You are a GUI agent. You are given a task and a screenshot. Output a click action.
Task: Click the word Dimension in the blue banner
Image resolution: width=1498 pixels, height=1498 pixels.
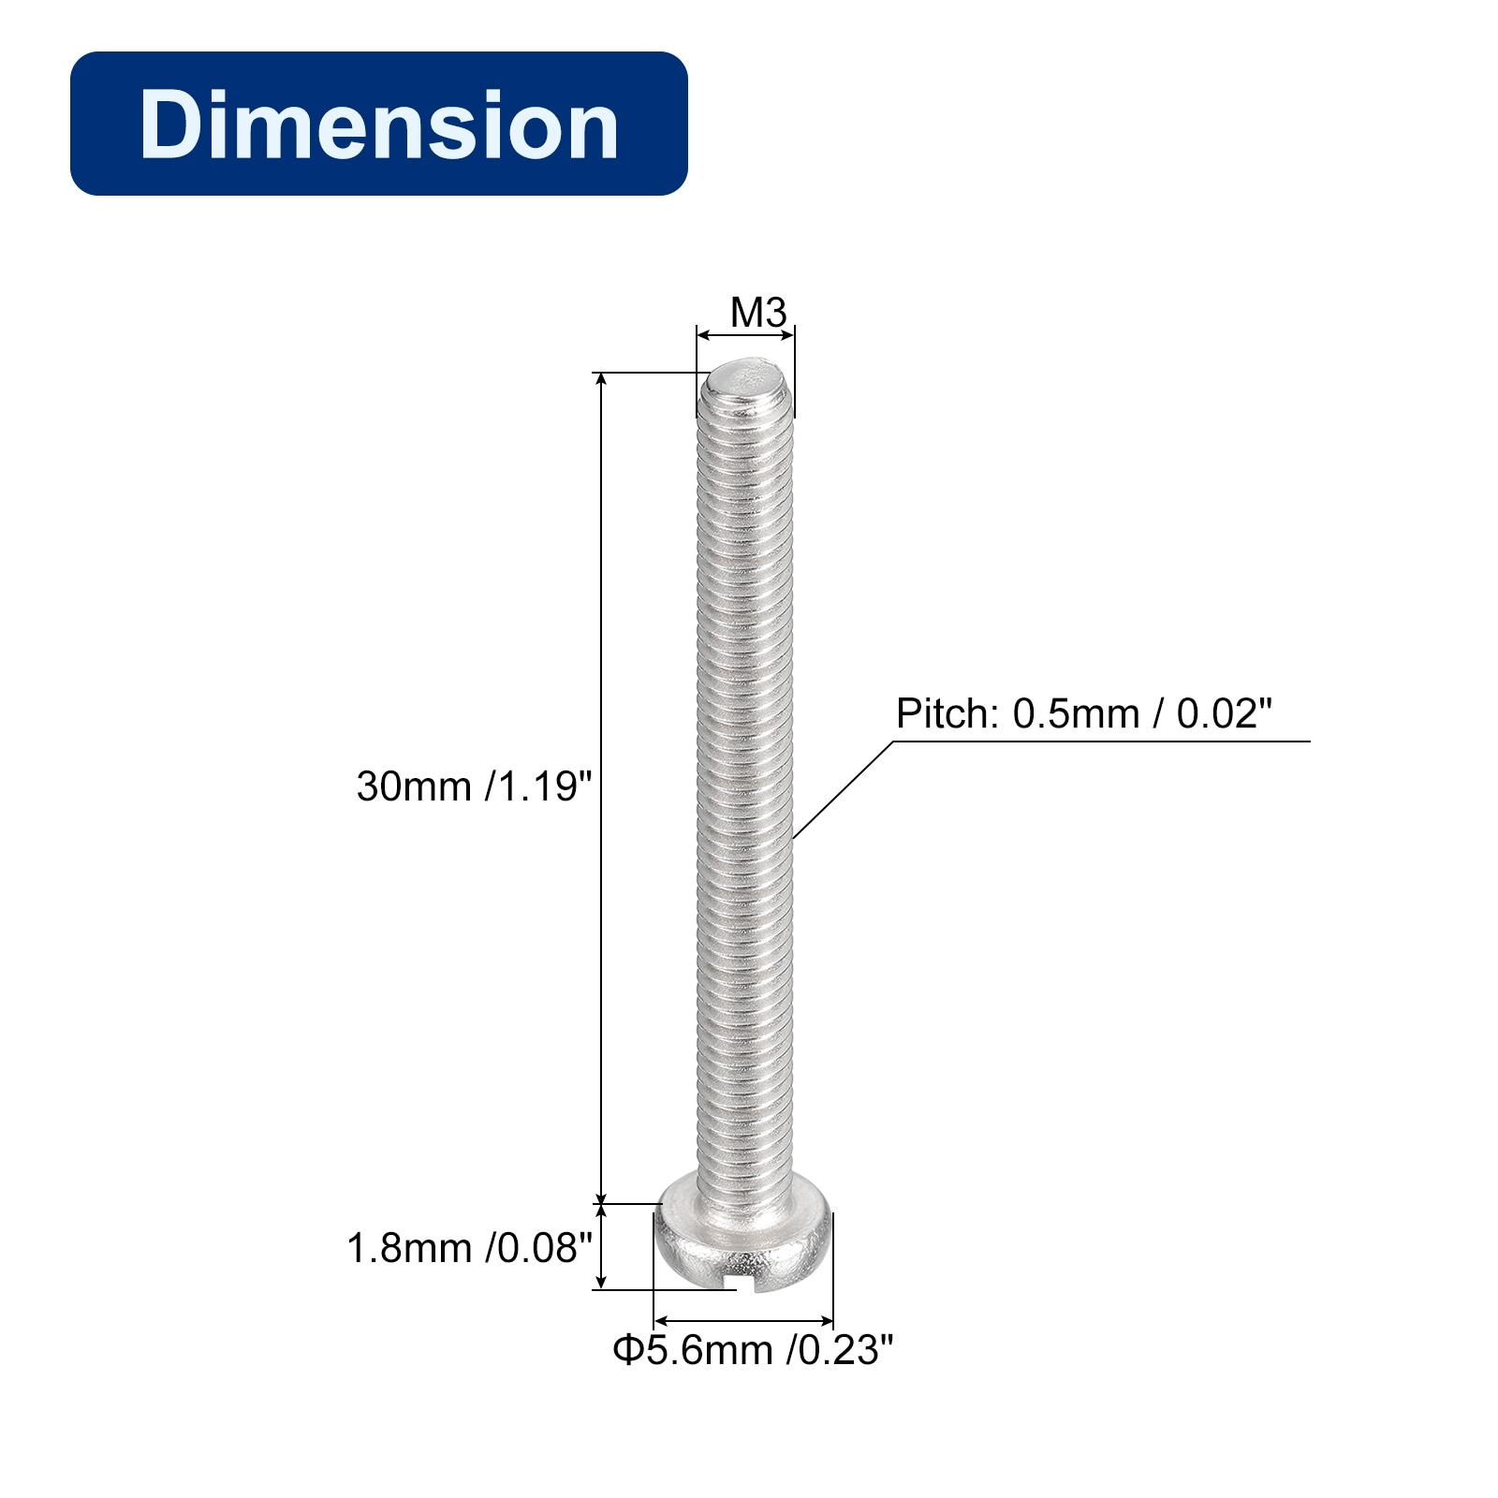click(x=378, y=125)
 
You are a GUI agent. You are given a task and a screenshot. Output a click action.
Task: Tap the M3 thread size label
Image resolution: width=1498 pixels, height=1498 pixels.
click(x=758, y=313)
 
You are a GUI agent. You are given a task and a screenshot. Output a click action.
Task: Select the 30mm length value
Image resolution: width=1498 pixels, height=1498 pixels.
click(x=413, y=786)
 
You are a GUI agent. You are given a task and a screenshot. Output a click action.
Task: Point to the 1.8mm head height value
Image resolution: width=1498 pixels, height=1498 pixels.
click(x=409, y=1248)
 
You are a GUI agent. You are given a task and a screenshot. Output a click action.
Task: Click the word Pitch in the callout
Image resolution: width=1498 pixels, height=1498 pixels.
click(x=948, y=714)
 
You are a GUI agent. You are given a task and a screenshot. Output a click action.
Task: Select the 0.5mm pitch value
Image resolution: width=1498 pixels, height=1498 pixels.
click(x=1076, y=714)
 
